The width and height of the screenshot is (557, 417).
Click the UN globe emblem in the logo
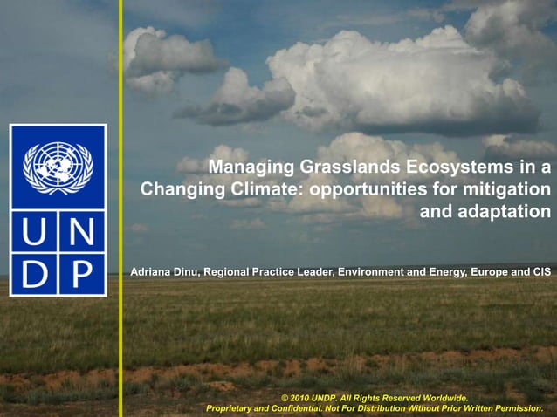click(x=58, y=167)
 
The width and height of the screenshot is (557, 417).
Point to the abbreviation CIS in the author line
click(x=540, y=273)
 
